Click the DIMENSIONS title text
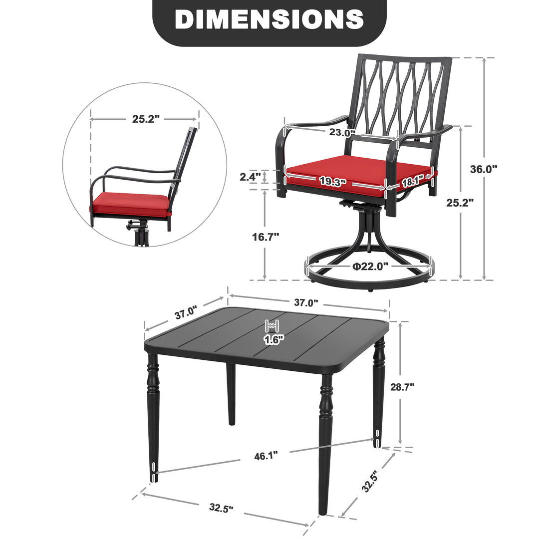pyautogui.click(x=269, y=19)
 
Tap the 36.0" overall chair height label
pyautogui.click(x=484, y=169)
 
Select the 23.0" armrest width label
pyautogui.click(x=342, y=132)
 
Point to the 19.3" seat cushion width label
pyautogui.click(x=332, y=181)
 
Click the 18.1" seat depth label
pyautogui.click(x=413, y=181)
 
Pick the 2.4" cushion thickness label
pyautogui.click(x=250, y=177)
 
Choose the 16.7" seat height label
pyautogui.click(x=266, y=237)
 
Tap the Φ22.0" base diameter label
pyautogui.click(x=371, y=266)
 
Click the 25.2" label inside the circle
pyautogui.click(x=146, y=119)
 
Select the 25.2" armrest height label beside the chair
pyautogui.click(x=460, y=203)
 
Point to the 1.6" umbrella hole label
pyautogui.click(x=274, y=340)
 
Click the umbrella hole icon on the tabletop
pyautogui.click(x=273, y=326)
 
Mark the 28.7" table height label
pyautogui.click(x=402, y=387)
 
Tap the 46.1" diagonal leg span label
pyautogui.click(x=266, y=456)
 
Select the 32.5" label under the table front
pyautogui.click(x=222, y=507)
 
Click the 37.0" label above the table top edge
pyautogui.click(x=306, y=302)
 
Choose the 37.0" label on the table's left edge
pyautogui.click(x=186, y=312)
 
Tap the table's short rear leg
pyautogui.click(x=231, y=394)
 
